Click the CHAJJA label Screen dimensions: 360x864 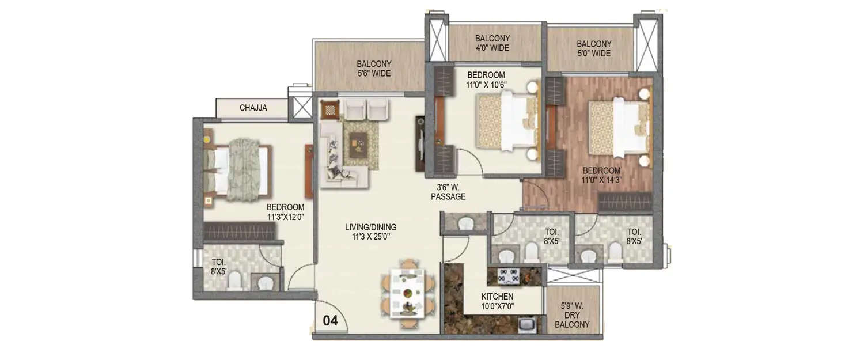click(x=253, y=108)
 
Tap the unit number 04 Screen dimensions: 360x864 click(x=330, y=321)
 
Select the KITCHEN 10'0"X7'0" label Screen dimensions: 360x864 click(x=497, y=301)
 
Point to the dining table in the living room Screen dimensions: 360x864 click(x=408, y=294)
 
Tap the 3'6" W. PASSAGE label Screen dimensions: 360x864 click(x=448, y=192)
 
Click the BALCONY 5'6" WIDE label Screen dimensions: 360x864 click(x=373, y=69)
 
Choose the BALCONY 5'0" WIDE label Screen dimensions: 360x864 click(x=593, y=48)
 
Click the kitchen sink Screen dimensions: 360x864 click(x=526, y=325)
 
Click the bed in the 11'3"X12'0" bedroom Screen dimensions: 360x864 click(x=239, y=170)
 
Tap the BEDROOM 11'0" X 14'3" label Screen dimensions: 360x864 click(x=601, y=176)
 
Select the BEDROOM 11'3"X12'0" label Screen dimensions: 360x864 click(x=285, y=212)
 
